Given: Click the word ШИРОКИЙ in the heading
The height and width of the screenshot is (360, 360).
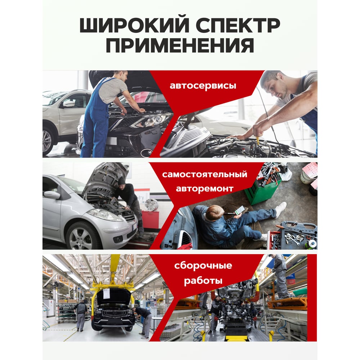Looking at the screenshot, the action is coord(134,25).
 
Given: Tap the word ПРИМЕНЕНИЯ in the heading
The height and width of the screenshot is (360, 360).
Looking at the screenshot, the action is coord(180,45).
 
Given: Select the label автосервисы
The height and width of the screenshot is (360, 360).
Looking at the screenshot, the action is coord(203,86).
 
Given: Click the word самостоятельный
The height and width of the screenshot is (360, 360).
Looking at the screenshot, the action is coord(204,175).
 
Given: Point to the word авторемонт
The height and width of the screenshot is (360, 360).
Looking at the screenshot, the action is coord(204,189).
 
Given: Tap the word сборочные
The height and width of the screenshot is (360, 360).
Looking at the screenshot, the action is coord(203,266).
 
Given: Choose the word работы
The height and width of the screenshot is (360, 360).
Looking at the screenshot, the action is coord(203,280).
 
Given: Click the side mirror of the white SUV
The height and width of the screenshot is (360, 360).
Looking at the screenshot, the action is coord(68,104).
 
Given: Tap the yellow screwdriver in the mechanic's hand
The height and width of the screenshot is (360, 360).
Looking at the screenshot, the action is coord(258,139).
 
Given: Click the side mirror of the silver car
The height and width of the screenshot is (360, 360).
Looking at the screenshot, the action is coord(52,195).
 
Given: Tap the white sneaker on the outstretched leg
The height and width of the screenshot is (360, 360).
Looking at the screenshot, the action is coord(281,210).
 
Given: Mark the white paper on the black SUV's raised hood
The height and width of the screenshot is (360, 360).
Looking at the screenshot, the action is coord(106,294).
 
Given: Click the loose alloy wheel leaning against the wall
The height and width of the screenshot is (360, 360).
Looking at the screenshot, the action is coord(151,205).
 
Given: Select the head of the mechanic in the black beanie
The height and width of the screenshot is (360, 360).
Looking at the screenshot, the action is coord(122,181).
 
